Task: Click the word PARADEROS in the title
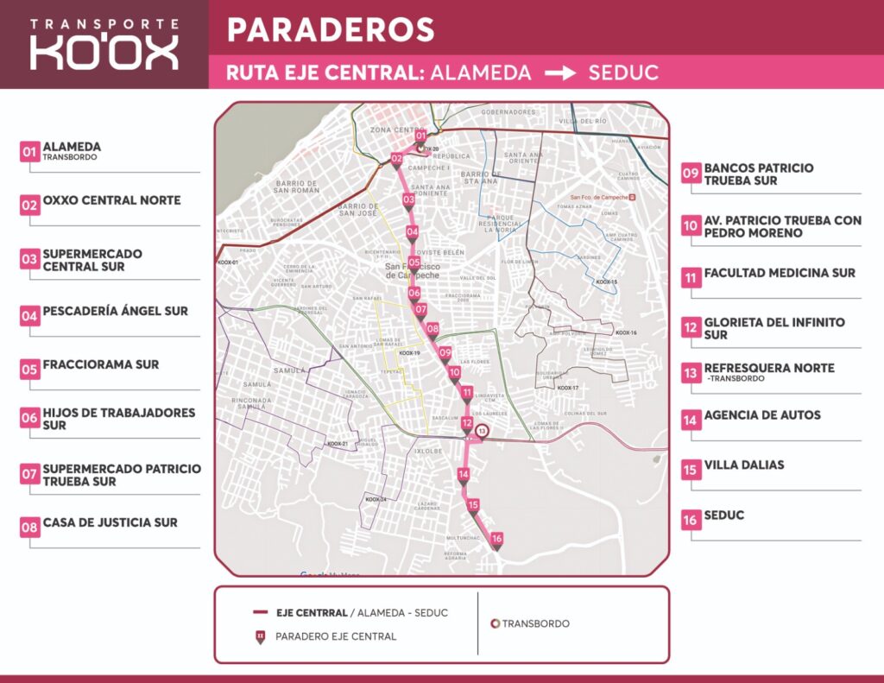coord(331,30)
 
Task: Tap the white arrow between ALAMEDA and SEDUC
coord(559,73)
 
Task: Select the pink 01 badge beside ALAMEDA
coord(30,152)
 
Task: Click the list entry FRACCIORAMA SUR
coord(101,364)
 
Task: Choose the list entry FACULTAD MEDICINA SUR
coord(780,273)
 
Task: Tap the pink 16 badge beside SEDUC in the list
coord(691,522)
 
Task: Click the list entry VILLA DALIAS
coord(744,465)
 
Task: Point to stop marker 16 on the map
coord(496,540)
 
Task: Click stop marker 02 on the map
coord(396,159)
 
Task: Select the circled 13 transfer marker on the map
coord(483,431)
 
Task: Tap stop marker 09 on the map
coord(445,352)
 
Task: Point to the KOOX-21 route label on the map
coord(337,444)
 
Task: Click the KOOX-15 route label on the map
coord(607,282)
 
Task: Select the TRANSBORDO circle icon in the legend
coord(495,623)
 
